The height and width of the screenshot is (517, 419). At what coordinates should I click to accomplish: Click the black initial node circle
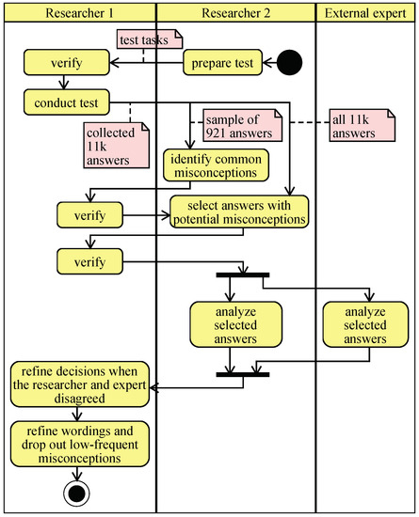[x=290, y=63]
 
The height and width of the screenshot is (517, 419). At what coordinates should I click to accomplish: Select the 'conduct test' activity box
[x=69, y=101]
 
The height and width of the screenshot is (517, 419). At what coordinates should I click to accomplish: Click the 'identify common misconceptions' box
[x=216, y=165]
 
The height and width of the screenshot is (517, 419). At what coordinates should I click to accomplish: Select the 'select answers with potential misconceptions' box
[x=239, y=212]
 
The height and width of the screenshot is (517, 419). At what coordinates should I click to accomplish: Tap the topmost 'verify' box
[x=63, y=63]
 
